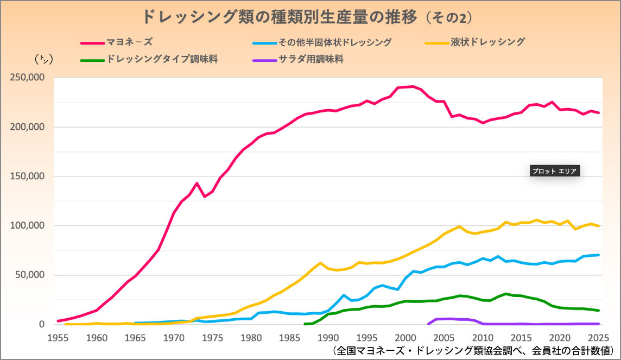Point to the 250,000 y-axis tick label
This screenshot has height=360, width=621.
click(x=27, y=78)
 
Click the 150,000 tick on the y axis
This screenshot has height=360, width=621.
click(x=27, y=176)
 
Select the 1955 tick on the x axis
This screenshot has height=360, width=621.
click(x=58, y=337)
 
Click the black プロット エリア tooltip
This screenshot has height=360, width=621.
click(x=554, y=170)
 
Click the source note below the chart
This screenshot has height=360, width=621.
click(x=472, y=350)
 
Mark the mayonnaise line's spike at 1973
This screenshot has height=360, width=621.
click(x=197, y=184)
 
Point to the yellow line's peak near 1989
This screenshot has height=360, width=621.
click(x=320, y=263)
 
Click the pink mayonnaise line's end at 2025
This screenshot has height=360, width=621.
click(x=599, y=113)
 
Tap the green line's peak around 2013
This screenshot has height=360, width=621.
click(x=506, y=294)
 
